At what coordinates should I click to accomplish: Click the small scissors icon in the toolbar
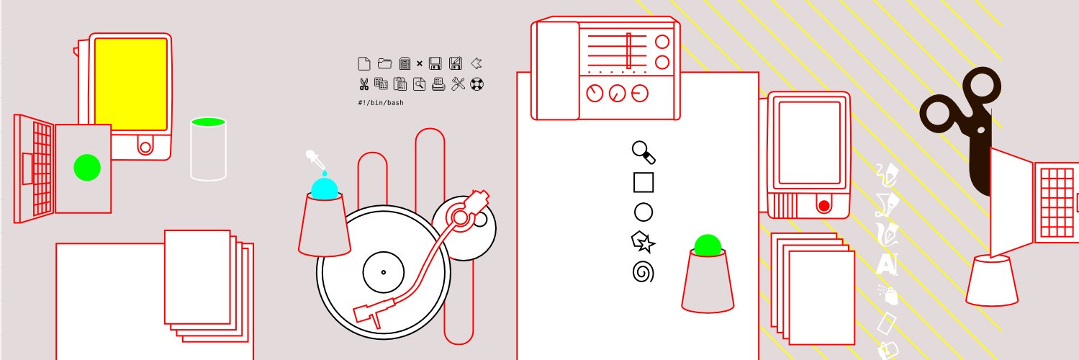(x=364, y=84)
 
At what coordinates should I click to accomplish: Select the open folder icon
(x=384, y=63)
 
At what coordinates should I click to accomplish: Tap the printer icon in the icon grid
(x=438, y=84)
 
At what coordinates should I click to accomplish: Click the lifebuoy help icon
(x=477, y=84)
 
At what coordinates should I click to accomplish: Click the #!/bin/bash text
(x=381, y=103)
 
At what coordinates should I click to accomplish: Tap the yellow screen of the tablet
(x=131, y=84)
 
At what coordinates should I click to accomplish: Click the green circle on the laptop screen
(x=87, y=168)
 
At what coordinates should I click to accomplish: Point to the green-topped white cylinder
(x=208, y=149)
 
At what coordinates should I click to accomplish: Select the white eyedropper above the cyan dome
(x=316, y=162)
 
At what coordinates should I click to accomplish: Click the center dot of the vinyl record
(x=384, y=272)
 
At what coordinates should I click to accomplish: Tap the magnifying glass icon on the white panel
(x=644, y=153)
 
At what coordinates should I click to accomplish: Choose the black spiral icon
(x=644, y=272)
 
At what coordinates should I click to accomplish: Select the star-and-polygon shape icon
(x=643, y=242)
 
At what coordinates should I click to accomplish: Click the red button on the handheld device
(x=823, y=206)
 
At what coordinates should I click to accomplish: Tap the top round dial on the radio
(x=662, y=42)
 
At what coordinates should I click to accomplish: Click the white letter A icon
(x=886, y=264)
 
